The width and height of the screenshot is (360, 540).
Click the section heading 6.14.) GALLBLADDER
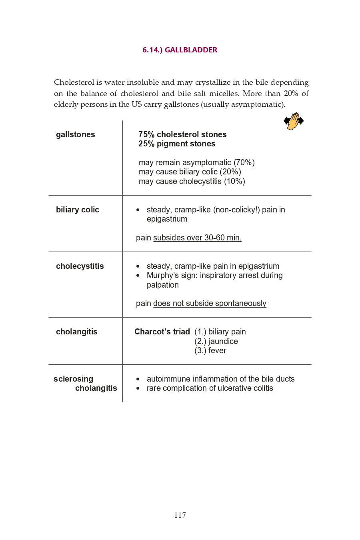180,50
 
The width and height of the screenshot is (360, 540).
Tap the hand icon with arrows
294,121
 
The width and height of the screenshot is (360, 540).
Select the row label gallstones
76,135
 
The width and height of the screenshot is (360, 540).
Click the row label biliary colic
78,210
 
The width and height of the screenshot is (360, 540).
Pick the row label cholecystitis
80,266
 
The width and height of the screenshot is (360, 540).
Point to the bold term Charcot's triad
162,332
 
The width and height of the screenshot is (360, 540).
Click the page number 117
180,515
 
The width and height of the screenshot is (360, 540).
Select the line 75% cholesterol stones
182,135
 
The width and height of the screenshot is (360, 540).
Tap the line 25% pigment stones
177,144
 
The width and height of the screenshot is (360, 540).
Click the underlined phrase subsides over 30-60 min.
197,238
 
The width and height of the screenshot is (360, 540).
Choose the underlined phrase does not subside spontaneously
210,304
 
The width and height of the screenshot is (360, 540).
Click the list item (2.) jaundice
216,342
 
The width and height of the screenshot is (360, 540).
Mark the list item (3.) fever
210,351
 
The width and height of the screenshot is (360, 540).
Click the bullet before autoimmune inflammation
138,379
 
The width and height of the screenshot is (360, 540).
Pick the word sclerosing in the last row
74,379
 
